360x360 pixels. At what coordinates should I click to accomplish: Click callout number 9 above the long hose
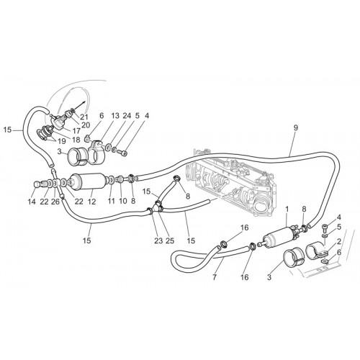tap(295, 128)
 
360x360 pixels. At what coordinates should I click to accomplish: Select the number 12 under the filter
tap(91, 202)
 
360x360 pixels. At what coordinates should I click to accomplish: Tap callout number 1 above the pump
tap(287, 210)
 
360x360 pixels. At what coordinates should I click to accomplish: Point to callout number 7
tap(215, 277)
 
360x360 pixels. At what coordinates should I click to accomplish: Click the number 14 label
tap(32, 202)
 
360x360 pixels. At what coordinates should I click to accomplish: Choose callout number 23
tap(158, 240)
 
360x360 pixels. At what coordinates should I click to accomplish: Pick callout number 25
tap(170, 240)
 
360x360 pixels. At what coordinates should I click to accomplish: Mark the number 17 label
tap(76, 131)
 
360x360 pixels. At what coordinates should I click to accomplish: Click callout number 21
tap(84, 117)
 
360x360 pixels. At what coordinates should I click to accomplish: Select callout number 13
tap(115, 116)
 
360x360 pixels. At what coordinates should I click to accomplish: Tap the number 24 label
tap(127, 116)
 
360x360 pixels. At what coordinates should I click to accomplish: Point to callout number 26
tap(55, 202)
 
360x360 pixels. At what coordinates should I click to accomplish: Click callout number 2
tap(339, 241)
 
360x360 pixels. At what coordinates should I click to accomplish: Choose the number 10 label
tap(123, 201)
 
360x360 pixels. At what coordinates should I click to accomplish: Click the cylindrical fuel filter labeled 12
tap(88, 181)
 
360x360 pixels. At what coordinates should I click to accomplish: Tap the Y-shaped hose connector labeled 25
tap(158, 207)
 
